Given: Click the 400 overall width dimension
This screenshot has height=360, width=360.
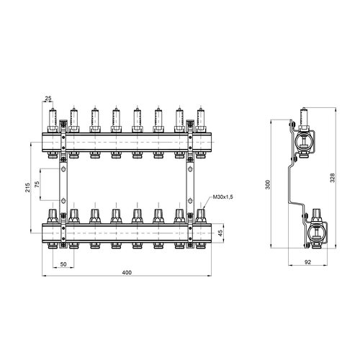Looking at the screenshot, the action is coord(127,272).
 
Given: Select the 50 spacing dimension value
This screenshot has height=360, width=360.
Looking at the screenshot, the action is coord(63,264).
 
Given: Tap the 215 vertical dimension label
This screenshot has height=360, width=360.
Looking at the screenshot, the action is coord(28,187).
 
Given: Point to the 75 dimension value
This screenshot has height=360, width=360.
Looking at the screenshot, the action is coord(37,184).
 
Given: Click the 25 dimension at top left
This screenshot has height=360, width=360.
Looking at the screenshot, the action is coord(48,98).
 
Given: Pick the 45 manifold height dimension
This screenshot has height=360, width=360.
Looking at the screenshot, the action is coord(220,233).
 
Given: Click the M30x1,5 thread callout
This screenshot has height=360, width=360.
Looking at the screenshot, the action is coord(223,197).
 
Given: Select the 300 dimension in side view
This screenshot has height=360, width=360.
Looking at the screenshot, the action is coord(268,184).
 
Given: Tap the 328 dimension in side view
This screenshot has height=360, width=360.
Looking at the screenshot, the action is coord(333,178).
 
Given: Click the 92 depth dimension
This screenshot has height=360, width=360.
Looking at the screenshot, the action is coord(307,262).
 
